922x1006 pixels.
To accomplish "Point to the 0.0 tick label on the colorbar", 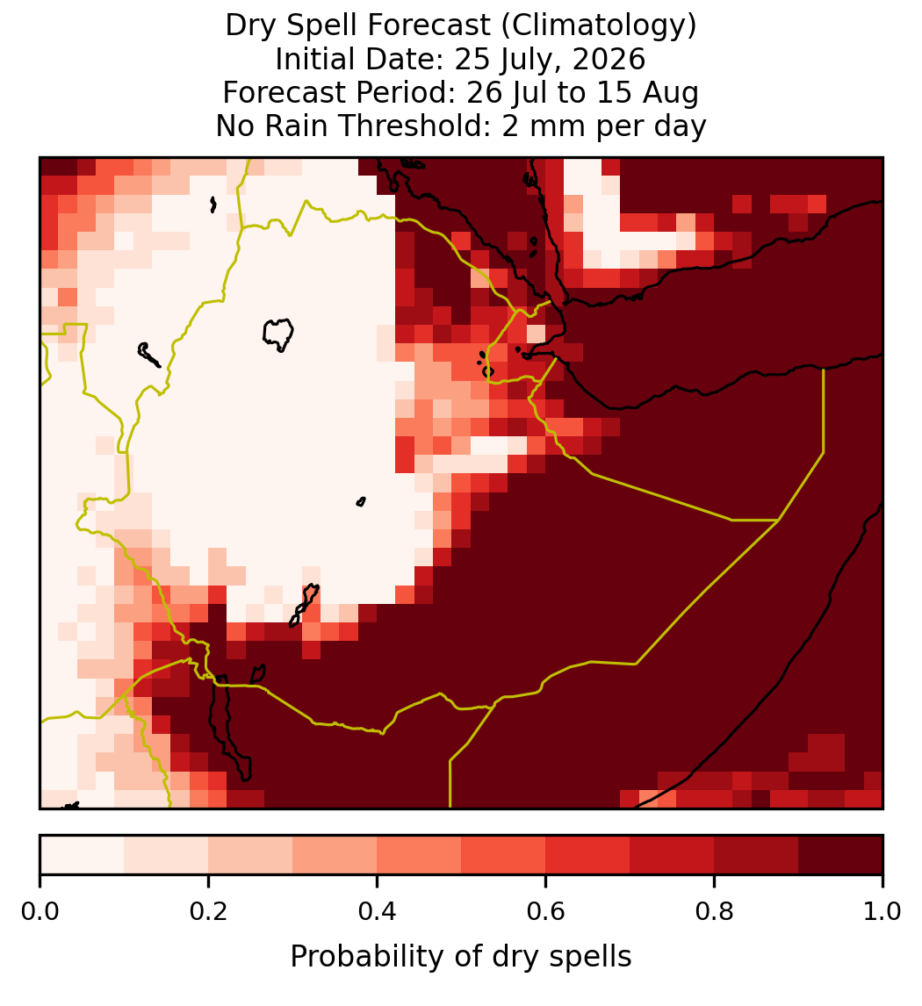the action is point(40,911).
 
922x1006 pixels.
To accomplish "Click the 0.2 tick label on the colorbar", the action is point(208,911).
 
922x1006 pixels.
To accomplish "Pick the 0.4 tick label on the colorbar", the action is point(378,911).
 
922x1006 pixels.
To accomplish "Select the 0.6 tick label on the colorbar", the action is point(545,911).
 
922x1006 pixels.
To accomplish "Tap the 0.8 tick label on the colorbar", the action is point(714,911).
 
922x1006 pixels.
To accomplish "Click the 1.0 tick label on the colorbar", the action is point(882,911).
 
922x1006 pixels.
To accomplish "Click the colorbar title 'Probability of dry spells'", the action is point(461,957).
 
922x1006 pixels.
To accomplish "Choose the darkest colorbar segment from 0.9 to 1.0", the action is point(840,855).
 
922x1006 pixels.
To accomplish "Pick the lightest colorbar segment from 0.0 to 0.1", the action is point(83,855).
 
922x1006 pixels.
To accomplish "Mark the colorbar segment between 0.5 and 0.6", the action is point(503,855).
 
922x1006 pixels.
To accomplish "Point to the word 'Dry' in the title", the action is point(251,26).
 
